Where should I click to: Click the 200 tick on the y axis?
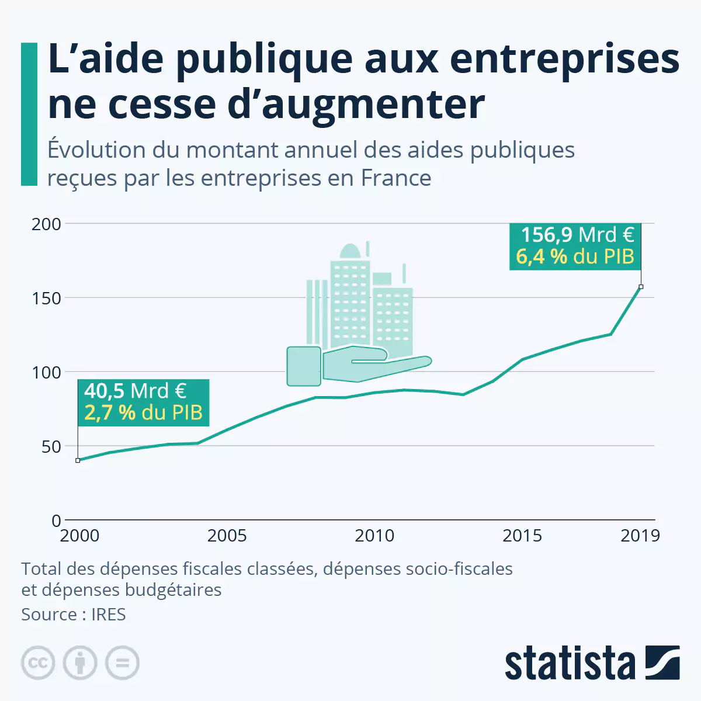click(46, 224)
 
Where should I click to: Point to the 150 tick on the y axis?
click(46, 298)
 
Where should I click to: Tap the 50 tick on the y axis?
click(51, 446)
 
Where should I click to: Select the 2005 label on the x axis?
click(227, 536)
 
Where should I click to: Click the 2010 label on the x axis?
click(374, 536)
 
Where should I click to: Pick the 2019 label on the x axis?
click(640, 536)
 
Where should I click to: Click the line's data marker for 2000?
click(78, 460)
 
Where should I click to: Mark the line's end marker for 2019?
click(641, 287)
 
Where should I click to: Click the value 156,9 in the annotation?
click(546, 235)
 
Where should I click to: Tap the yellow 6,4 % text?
click(542, 256)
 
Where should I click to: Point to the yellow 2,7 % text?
click(110, 412)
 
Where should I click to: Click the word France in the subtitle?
click(396, 178)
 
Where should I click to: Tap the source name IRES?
click(108, 615)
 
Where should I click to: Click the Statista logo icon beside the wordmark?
click(662, 662)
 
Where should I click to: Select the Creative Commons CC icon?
click(38, 663)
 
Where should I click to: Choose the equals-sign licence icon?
click(122, 663)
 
